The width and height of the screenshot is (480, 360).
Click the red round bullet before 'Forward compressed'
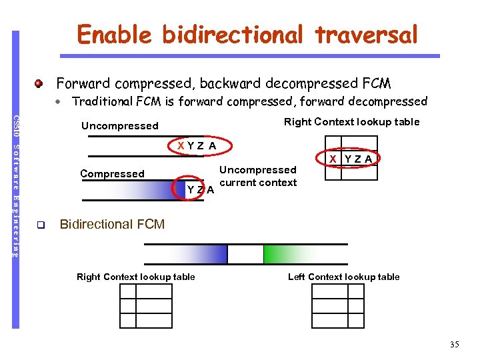[x=40, y=84]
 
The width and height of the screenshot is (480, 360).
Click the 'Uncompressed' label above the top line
[x=119, y=125]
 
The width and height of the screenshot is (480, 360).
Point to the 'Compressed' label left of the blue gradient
[x=112, y=173]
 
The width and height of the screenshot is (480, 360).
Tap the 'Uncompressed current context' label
[x=258, y=176]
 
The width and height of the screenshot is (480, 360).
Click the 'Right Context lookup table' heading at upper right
[x=351, y=121]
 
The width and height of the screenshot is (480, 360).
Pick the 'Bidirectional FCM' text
[x=112, y=224]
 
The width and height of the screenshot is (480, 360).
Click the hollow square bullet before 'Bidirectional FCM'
[x=40, y=225]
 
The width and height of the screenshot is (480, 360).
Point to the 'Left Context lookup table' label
[x=343, y=277]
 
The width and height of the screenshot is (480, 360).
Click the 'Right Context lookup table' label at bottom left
[x=136, y=277]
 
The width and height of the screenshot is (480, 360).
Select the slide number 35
[x=454, y=344]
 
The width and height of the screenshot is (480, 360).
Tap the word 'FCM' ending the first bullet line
[x=376, y=83]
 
